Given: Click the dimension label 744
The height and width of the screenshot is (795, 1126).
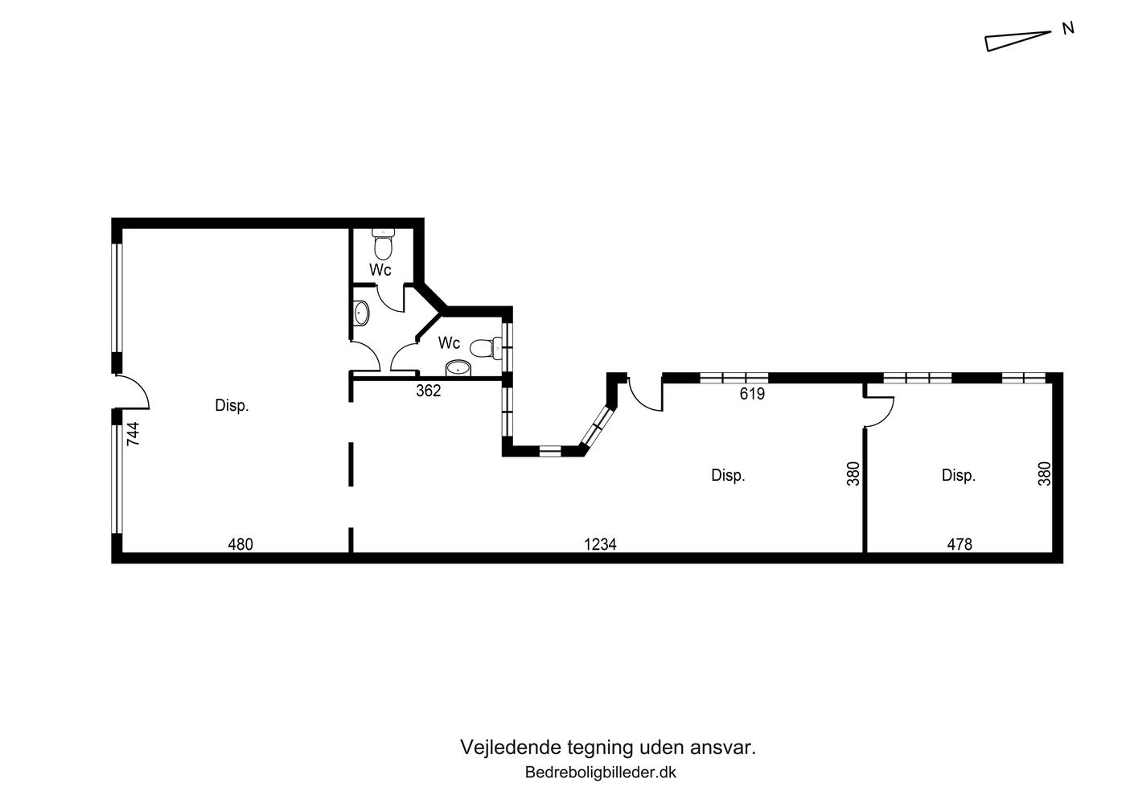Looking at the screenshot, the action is (x=133, y=434).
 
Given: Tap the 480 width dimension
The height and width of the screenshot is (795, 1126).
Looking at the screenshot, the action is (x=240, y=544).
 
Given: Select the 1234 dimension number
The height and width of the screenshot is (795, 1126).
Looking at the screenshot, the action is (x=600, y=544).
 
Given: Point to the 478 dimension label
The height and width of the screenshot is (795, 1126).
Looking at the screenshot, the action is (x=960, y=544).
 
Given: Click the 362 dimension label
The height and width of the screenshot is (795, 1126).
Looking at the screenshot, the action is (x=428, y=391).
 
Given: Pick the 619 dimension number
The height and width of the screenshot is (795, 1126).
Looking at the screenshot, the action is (x=752, y=393).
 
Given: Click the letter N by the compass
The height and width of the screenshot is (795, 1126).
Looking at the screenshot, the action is (x=1068, y=29).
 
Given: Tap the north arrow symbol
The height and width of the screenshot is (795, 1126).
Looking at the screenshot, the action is (x=1017, y=41).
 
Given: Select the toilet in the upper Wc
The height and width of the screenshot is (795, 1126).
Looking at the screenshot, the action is (x=384, y=243).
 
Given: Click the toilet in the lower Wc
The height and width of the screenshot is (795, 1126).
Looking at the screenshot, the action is (x=486, y=347).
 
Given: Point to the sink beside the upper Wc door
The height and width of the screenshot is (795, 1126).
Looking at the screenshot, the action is (x=361, y=313).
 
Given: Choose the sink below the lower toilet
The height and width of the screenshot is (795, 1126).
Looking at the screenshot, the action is (x=458, y=368).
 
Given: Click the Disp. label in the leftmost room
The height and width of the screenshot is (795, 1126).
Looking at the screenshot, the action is (x=232, y=406).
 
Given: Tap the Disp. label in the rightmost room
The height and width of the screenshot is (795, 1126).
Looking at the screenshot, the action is (x=959, y=475).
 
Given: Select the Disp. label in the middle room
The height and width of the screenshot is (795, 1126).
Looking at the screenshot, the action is (x=728, y=475).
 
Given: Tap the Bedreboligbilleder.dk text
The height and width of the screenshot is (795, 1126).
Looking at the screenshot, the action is (x=601, y=772).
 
